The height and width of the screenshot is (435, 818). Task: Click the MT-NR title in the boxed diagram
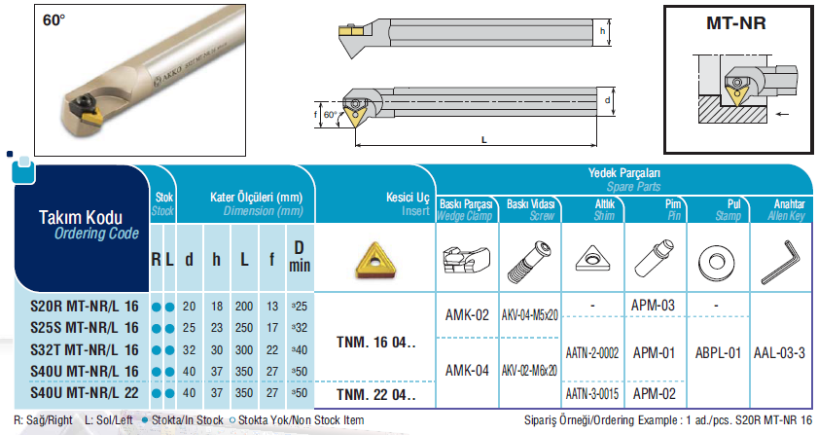click(736, 23)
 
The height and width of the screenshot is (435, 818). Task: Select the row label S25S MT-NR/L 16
click(85, 328)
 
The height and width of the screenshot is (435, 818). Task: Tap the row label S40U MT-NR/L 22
click(85, 393)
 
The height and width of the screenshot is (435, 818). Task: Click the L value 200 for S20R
click(243, 307)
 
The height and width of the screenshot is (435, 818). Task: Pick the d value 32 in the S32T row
click(189, 350)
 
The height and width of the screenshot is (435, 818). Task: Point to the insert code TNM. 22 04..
click(376, 395)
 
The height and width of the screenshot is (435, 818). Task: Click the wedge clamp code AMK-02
click(467, 315)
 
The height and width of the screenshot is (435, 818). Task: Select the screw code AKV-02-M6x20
click(529, 370)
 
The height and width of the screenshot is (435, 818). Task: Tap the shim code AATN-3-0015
click(592, 393)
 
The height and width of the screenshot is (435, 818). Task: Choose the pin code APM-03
click(653, 305)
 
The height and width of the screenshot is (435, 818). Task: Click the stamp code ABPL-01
click(718, 353)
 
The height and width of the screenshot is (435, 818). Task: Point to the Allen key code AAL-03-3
click(779, 353)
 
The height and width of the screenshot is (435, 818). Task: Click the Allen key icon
click(780, 262)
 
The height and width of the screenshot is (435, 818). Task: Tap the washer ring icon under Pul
click(716, 262)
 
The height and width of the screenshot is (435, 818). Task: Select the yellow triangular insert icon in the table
click(375, 260)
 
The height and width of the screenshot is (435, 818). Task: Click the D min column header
click(300, 256)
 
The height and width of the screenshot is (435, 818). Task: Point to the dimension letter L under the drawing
click(484, 140)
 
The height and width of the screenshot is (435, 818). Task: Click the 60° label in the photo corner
click(54, 20)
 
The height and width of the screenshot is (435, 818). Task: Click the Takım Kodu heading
click(81, 217)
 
